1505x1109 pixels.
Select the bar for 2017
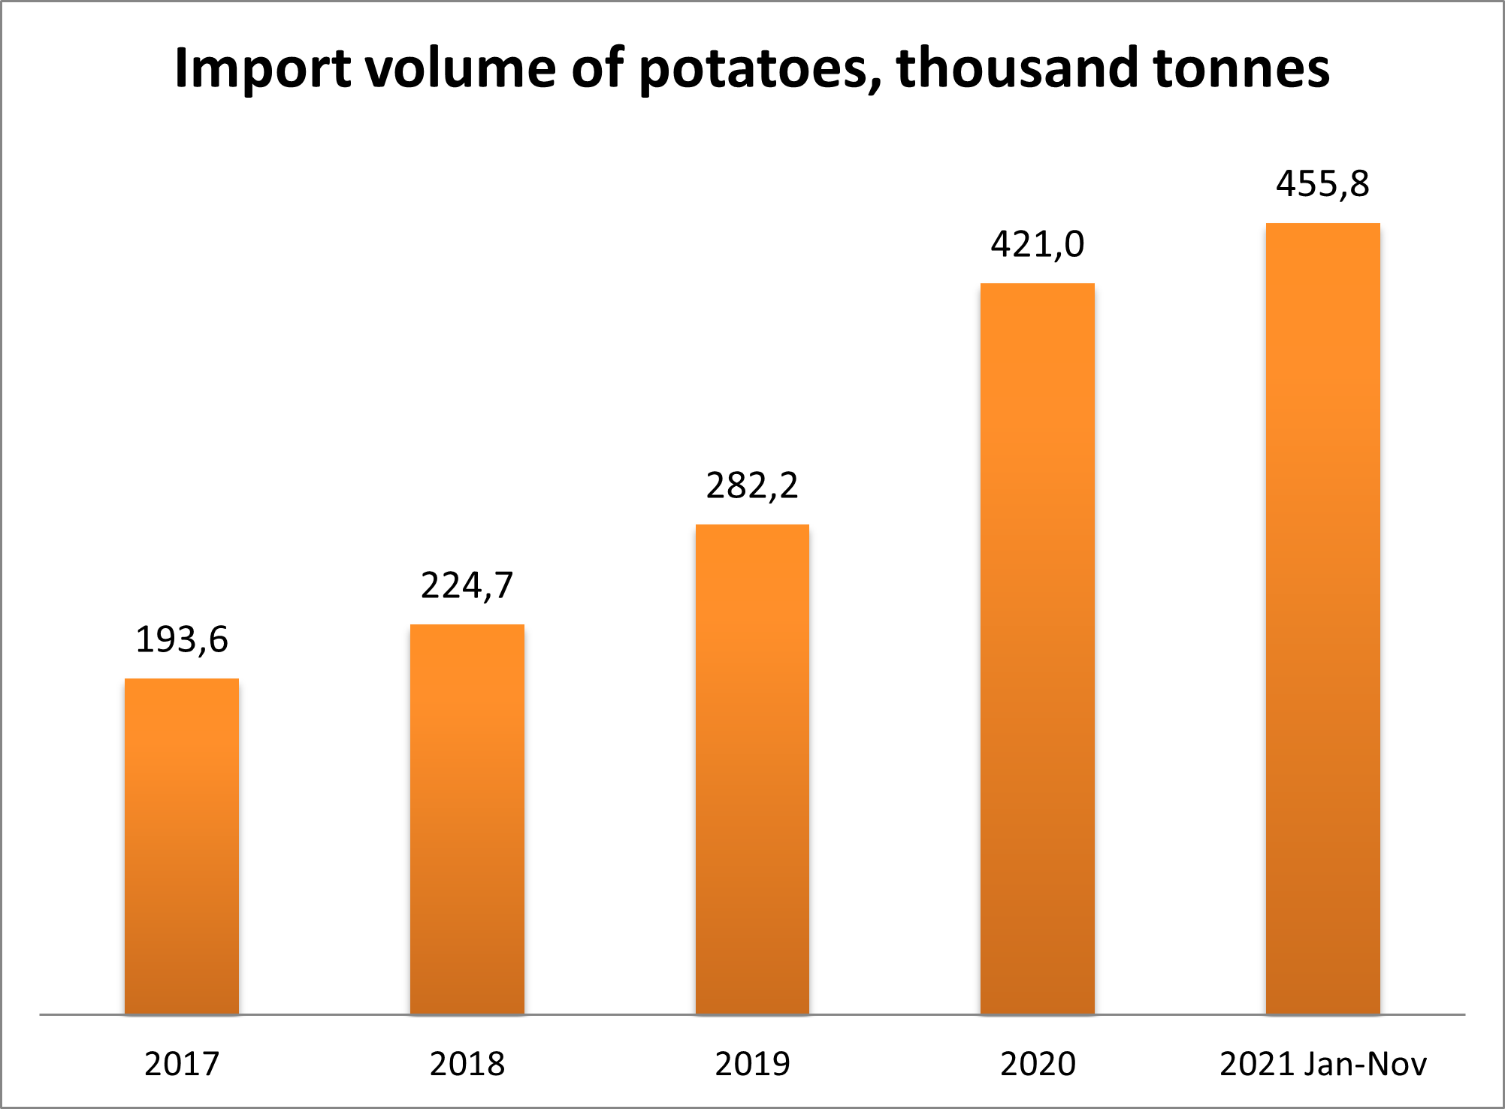[x=181, y=846]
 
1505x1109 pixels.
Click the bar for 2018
[x=467, y=819]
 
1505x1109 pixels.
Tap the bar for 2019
[x=752, y=769]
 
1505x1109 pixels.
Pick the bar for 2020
[x=1037, y=648]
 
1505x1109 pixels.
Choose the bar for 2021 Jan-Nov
[x=1322, y=618]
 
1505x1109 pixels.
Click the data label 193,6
[x=181, y=640]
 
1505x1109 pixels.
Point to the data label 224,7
[x=467, y=586]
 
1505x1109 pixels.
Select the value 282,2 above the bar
[x=752, y=486]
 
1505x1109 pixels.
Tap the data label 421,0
[x=1037, y=245]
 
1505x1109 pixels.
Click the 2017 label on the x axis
[x=181, y=1064]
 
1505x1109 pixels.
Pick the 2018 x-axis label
[x=467, y=1064]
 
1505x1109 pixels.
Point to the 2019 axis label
[x=752, y=1064]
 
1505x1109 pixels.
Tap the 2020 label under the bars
[x=1037, y=1064]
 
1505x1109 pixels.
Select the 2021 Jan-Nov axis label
[x=1322, y=1064]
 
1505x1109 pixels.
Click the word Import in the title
[x=262, y=69]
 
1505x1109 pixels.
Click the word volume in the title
[x=461, y=69]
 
